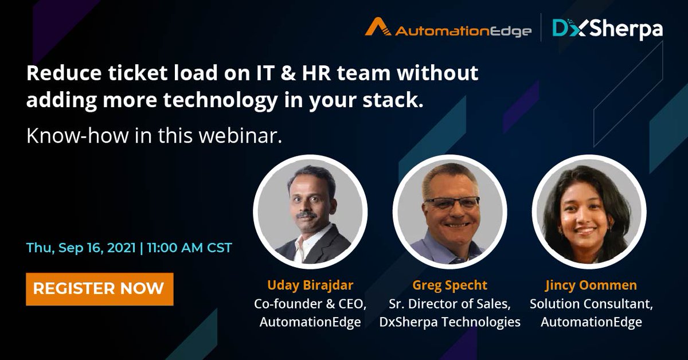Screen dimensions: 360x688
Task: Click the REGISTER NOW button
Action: pos(99,289)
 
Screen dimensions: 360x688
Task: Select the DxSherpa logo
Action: pos(608,29)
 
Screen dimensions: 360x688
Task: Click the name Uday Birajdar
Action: pos(310,285)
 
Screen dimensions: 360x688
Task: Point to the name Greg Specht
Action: pos(449,285)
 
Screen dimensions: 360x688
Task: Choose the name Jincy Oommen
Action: pos(591,285)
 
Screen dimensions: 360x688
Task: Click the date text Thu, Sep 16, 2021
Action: pos(81,248)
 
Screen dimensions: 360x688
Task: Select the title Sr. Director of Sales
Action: pos(449,303)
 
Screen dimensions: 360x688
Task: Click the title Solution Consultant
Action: pos(591,303)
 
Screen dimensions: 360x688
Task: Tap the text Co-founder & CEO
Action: pos(310,303)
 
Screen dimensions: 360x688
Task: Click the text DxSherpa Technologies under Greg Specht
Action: pos(449,322)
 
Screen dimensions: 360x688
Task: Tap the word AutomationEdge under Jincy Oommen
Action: pos(591,322)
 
